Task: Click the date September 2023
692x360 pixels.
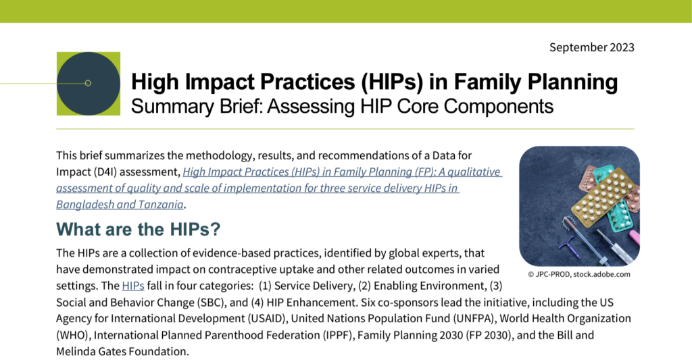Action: (x=591, y=47)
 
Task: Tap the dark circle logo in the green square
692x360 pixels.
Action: (x=88, y=83)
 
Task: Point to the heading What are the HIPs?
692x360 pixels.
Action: (x=139, y=229)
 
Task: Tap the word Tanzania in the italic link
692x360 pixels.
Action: (x=159, y=204)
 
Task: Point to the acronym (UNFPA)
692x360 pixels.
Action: (x=460, y=317)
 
